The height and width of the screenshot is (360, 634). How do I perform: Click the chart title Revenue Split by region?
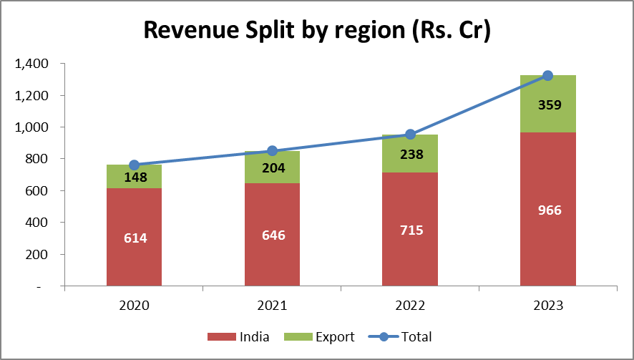coord(317,31)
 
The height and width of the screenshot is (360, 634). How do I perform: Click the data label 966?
coord(548,210)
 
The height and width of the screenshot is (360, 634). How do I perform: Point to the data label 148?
coord(135,177)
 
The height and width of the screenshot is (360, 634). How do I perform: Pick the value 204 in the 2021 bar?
coord(273,168)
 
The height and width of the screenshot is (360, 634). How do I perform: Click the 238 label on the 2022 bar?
coord(410,154)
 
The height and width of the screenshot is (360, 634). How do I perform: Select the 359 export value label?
coord(548,104)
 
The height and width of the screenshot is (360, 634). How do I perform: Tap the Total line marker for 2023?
coord(548,76)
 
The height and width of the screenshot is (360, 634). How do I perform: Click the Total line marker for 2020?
coord(135,165)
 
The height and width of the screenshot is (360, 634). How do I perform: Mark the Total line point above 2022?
coord(410,135)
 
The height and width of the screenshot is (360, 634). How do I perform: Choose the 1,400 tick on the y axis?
coord(31,64)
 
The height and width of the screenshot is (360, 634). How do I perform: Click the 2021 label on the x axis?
coord(273,306)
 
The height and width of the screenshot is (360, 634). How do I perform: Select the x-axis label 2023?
coord(548,306)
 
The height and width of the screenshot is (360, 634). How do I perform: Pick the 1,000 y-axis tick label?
coord(31,127)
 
